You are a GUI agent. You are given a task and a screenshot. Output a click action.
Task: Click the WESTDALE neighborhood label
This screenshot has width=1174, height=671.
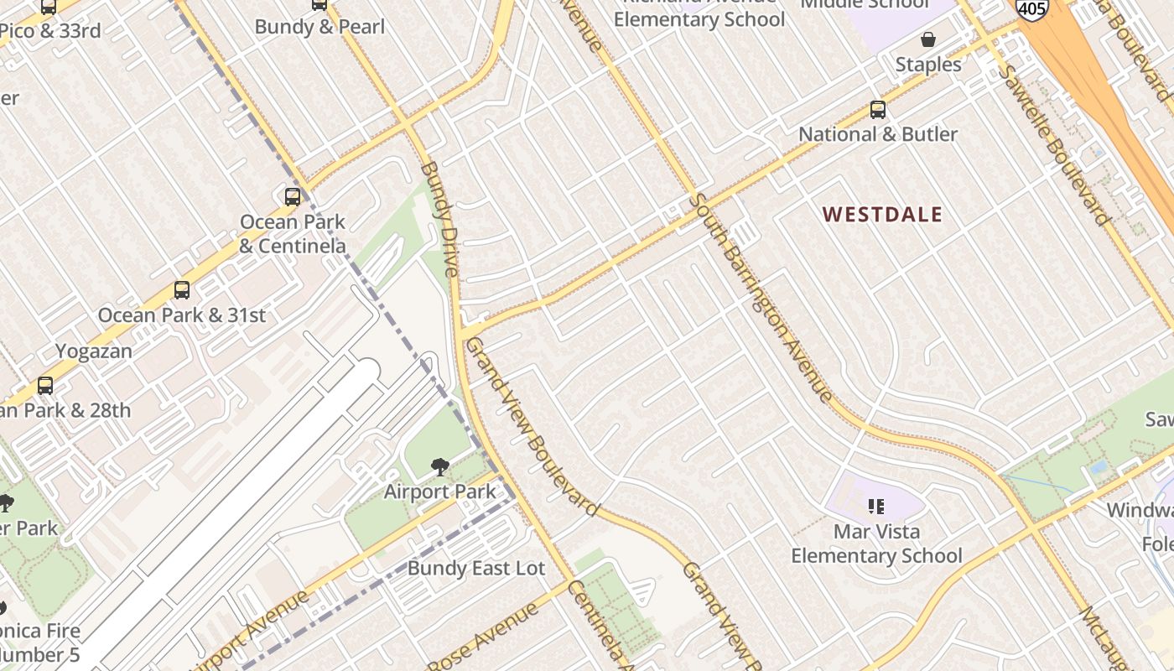pyautogui.click(x=882, y=215)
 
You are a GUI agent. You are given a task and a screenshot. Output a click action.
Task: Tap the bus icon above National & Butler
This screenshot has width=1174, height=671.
pyautogui.click(x=877, y=110)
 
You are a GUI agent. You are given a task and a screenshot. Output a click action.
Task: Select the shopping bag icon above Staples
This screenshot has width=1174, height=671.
pyautogui.click(x=928, y=39)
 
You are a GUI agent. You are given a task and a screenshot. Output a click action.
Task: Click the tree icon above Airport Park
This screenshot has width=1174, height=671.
pyautogui.click(x=439, y=467)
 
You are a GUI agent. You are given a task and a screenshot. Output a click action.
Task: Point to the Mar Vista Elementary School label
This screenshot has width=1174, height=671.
pyautogui.click(x=876, y=544)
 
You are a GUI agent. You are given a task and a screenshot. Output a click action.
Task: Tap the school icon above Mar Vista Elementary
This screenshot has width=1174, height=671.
pyautogui.click(x=876, y=506)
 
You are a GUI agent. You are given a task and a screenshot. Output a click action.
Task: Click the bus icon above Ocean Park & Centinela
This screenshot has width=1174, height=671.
pyautogui.click(x=292, y=197)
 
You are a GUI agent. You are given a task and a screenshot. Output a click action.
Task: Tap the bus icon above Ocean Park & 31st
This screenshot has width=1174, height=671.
pyautogui.click(x=181, y=290)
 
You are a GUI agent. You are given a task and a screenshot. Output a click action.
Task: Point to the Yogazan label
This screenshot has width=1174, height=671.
pyautogui.click(x=94, y=351)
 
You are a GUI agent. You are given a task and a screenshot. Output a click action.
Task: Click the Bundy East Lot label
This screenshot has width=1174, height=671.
pyautogui.click(x=476, y=569)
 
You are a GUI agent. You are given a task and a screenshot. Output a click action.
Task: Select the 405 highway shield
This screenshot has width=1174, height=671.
pyautogui.click(x=1031, y=8)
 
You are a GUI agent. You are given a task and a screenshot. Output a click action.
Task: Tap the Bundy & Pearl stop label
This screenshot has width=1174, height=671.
pyautogui.click(x=319, y=27)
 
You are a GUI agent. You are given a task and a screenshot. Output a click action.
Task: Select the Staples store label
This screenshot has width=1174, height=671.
pyautogui.click(x=928, y=65)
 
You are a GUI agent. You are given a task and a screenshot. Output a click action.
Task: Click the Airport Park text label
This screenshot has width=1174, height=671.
pyautogui.click(x=439, y=492)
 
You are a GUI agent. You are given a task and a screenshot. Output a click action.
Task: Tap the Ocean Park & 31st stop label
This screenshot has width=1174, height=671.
pyautogui.click(x=181, y=315)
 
